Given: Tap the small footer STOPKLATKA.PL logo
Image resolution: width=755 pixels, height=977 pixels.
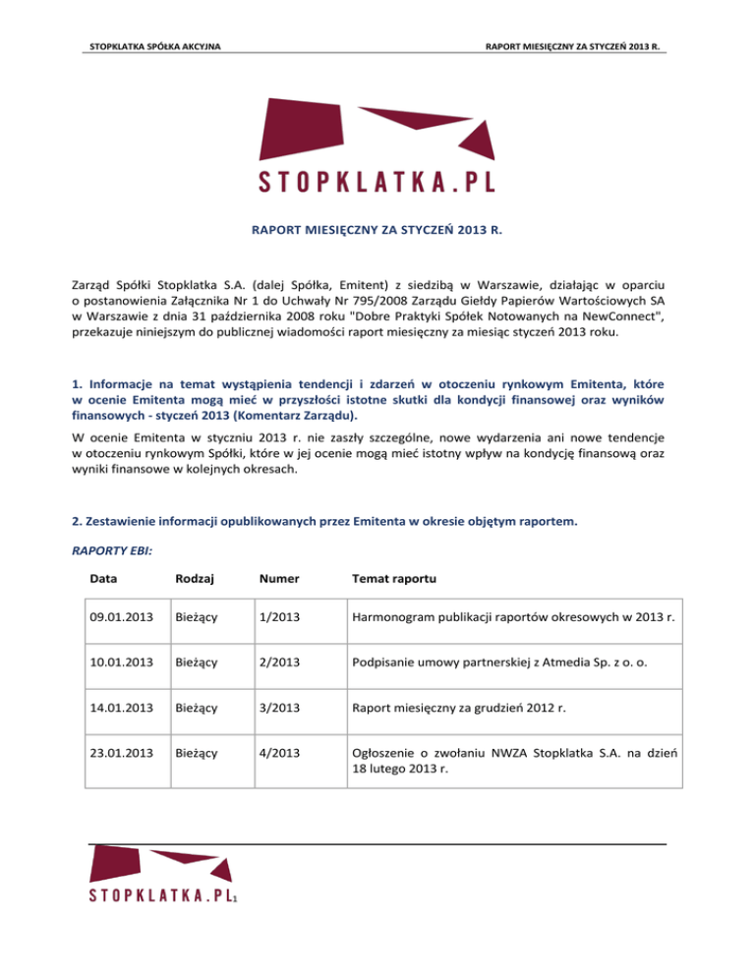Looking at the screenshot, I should point(163,894).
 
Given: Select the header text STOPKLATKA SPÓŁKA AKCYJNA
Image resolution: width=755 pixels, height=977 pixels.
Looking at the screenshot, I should point(153,47).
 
